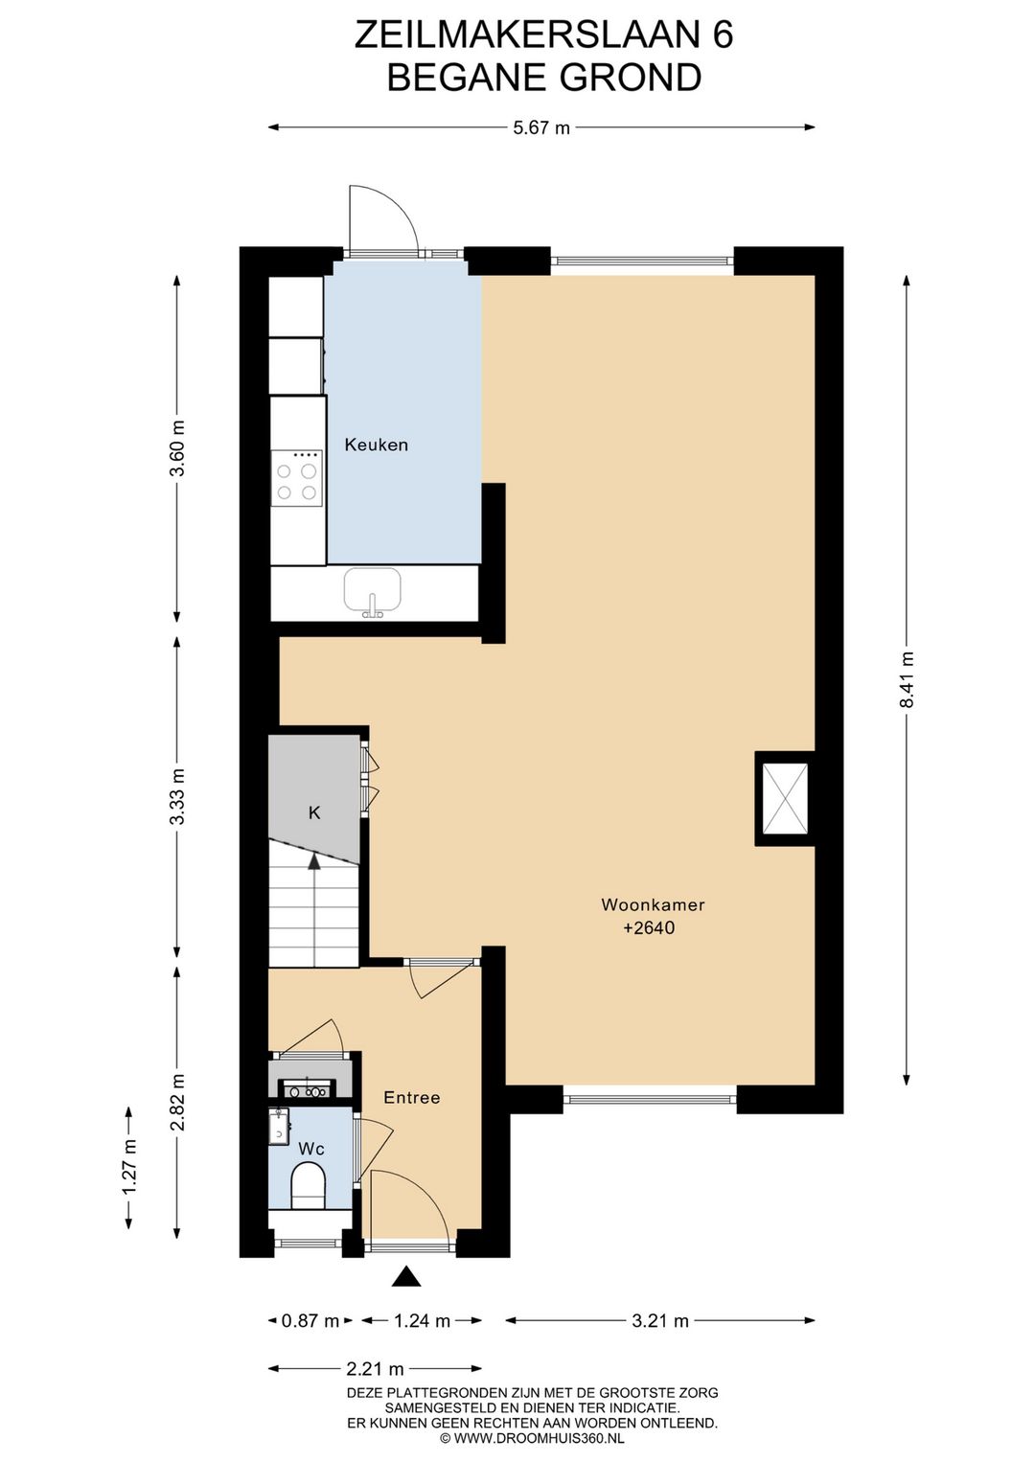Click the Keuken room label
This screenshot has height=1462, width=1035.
pos(376,445)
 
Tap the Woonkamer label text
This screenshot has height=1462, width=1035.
pos(653,904)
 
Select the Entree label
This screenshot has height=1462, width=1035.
pos(411,1097)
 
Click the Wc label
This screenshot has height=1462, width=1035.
pos(311,1149)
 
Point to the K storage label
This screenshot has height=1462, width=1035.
pos(314,812)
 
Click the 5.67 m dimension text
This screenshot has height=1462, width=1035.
pos(541,128)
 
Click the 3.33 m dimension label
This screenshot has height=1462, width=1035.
pos(177,795)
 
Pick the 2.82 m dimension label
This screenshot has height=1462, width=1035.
pos(177,1102)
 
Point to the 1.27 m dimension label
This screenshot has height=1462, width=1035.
pos(129,1166)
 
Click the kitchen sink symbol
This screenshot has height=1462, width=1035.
pos(373,592)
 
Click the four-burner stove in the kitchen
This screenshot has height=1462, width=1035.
pos(297,478)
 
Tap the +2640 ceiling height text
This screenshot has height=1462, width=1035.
pos(649,928)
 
